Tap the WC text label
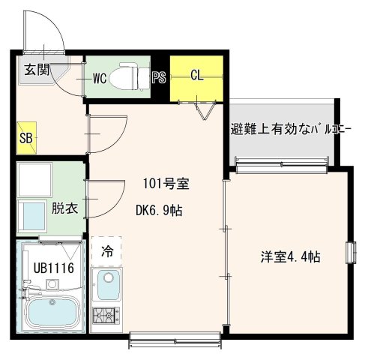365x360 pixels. tap(99, 76)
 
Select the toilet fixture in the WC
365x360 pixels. tap(129, 78)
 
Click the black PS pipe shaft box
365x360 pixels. tap(159, 77)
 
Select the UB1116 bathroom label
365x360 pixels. tap(47, 267)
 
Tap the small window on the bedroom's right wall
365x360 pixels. tap(349, 253)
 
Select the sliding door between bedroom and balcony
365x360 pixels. tap(281, 162)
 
